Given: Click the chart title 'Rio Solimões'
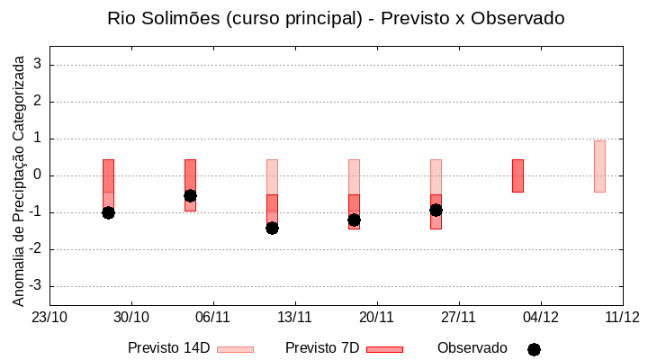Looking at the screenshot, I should click(x=336, y=18).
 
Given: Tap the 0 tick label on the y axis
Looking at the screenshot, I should click(x=38, y=175).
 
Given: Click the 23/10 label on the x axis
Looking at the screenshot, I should click(x=49, y=317).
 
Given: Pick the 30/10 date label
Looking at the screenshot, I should click(x=131, y=317).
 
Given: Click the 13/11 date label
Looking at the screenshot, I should click(x=294, y=317).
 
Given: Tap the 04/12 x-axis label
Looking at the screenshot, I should click(x=540, y=317).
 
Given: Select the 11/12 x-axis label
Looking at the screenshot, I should click(x=622, y=317).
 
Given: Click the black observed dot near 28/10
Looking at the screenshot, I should click(x=108, y=212).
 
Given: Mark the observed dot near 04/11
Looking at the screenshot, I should click(x=190, y=195).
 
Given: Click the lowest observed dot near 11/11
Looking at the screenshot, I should click(x=272, y=228).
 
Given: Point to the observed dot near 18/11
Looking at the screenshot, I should click(x=354, y=220).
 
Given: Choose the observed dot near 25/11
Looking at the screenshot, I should click(x=436, y=210).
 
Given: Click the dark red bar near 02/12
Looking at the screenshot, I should click(x=517, y=175).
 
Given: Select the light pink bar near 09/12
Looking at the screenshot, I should click(x=599, y=166).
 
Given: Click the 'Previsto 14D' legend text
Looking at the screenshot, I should click(x=168, y=348).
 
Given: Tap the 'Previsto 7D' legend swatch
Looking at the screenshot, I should click(x=384, y=349).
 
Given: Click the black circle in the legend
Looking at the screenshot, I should click(x=534, y=349).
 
